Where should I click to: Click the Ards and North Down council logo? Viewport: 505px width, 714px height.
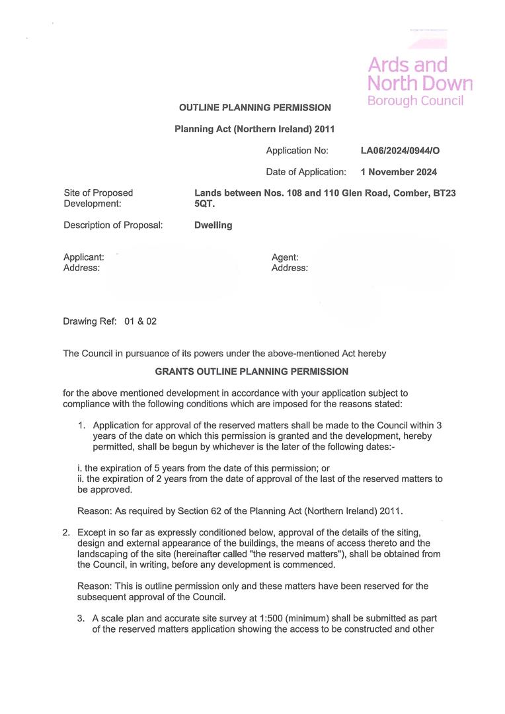coord(419,82)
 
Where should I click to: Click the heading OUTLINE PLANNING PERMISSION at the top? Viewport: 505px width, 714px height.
coord(254,107)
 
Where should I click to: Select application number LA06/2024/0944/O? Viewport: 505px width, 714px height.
coord(400,151)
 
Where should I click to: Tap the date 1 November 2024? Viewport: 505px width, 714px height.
coord(399,172)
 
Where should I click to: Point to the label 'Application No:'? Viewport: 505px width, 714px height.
coord(297,151)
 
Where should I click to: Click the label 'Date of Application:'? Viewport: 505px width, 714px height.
coord(306,172)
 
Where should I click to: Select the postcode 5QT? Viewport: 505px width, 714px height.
coord(205,204)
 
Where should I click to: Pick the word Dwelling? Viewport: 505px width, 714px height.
coord(213,225)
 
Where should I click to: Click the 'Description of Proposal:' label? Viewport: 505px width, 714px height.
coord(113,225)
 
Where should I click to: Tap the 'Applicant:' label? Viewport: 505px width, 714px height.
coord(83,257)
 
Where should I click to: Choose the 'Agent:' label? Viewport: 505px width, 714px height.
coord(285,257)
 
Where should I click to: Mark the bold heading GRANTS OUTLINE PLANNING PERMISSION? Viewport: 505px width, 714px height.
coord(251,372)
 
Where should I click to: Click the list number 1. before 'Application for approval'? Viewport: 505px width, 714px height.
coord(83,425)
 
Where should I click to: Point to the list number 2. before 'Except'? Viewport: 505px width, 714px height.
coord(66,532)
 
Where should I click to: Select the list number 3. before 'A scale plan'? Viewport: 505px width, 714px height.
coord(82,618)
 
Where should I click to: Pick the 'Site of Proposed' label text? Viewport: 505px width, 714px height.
coord(98,192)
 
